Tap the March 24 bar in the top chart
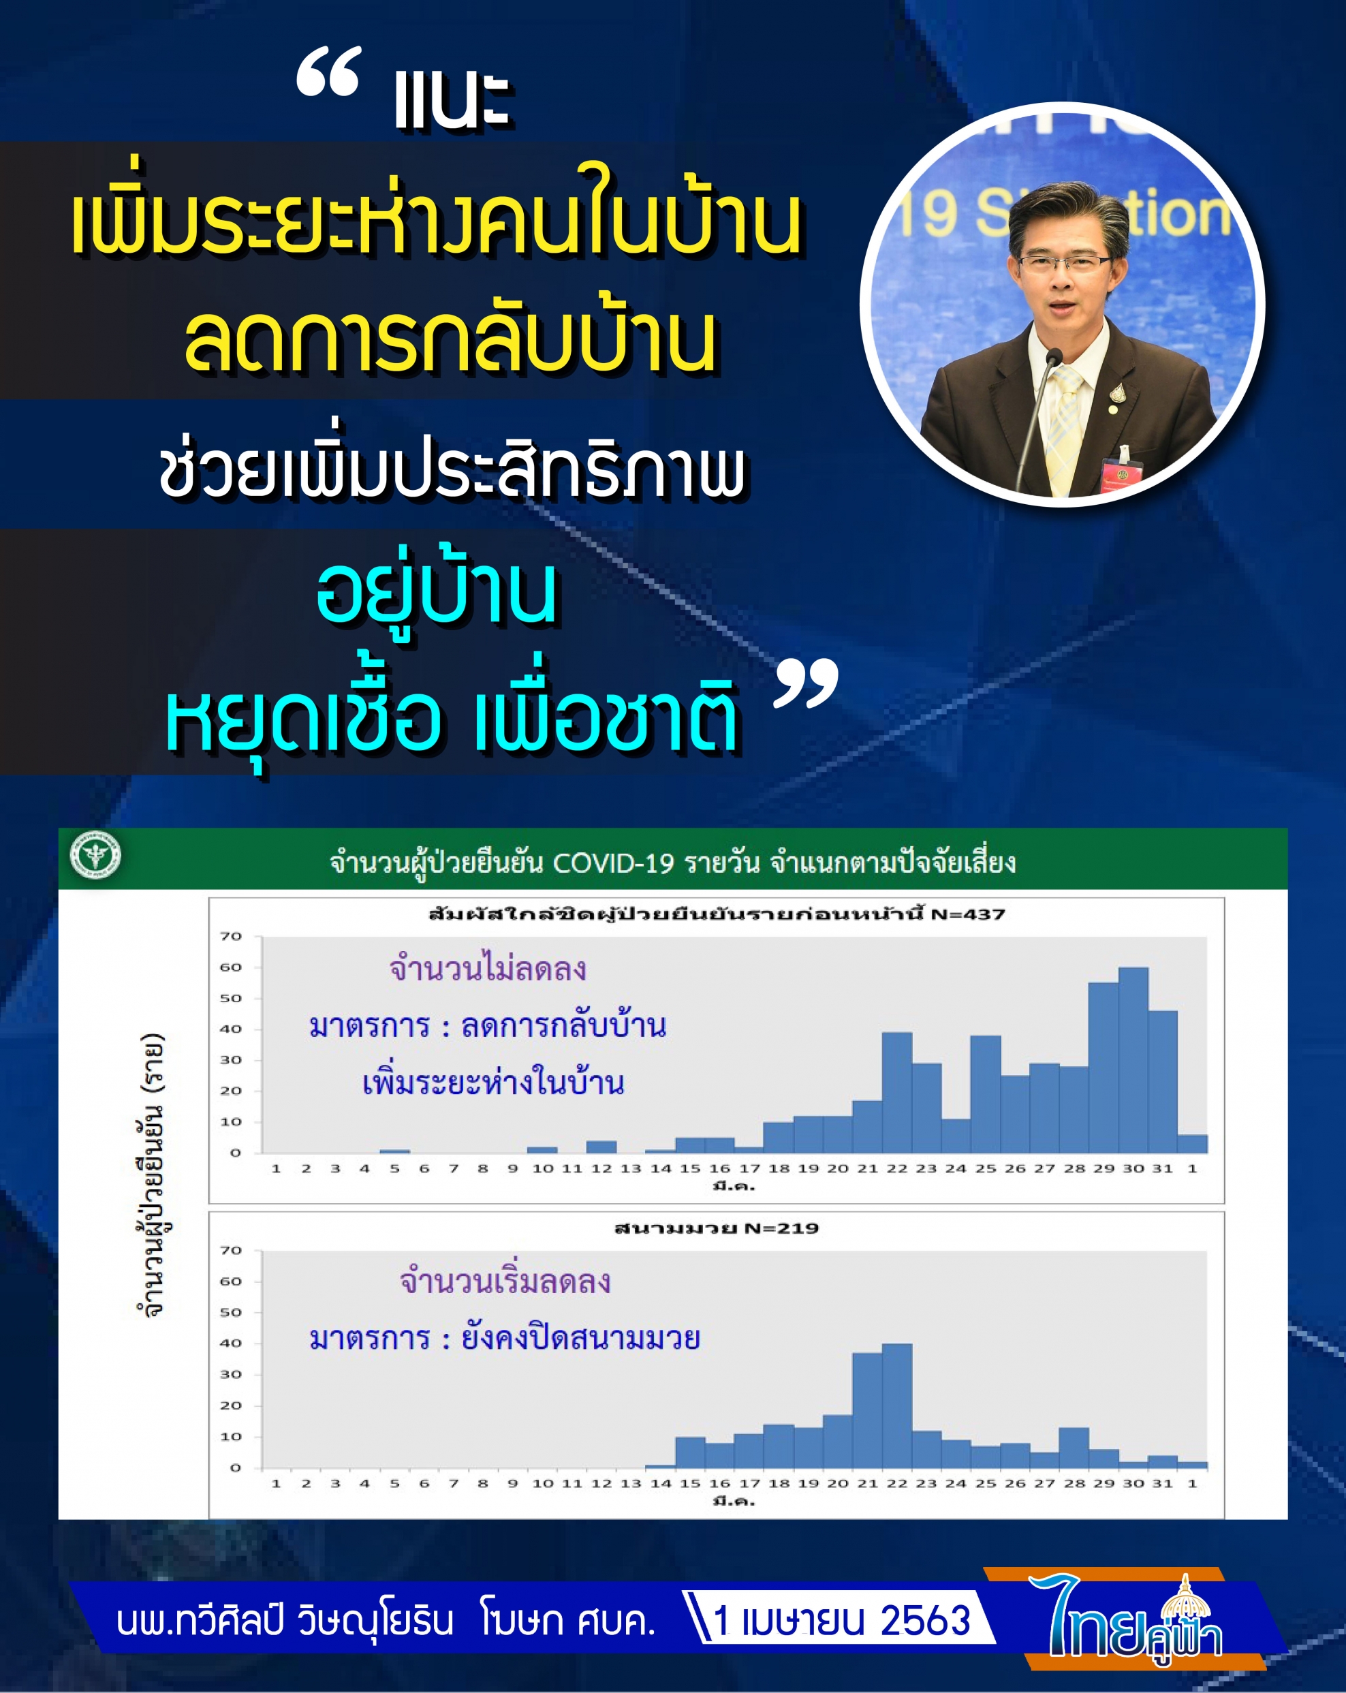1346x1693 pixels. click(956, 1136)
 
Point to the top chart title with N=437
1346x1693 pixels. click(716, 914)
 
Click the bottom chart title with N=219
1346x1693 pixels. click(716, 1228)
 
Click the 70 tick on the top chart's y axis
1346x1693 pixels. click(231, 936)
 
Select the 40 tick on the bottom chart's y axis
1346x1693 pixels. click(231, 1343)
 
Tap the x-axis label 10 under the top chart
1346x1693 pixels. click(543, 1168)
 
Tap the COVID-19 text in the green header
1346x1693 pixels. click(613, 863)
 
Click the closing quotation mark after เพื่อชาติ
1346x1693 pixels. click(806, 685)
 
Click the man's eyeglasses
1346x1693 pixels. click(1063, 264)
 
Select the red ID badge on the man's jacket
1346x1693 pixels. click(1118, 473)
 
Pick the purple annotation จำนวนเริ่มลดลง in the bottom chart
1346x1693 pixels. click(505, 1282)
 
